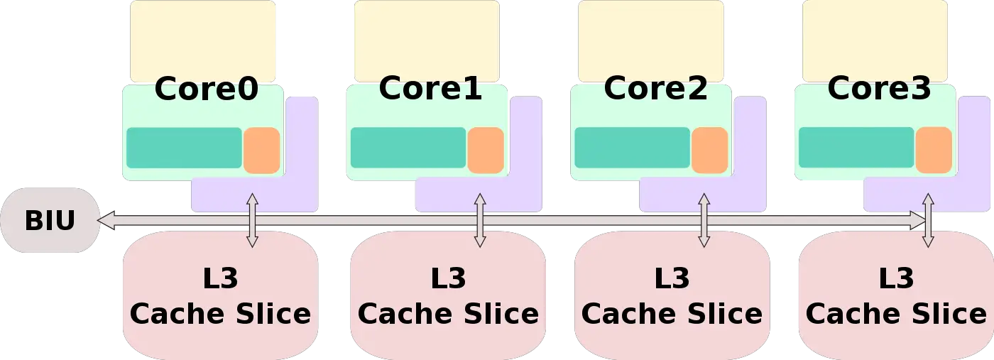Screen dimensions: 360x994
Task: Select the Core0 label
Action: (206, 90)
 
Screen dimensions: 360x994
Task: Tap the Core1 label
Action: (430, 89)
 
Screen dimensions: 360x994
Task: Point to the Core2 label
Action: (655, 89)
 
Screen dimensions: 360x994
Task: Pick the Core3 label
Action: (879, 89)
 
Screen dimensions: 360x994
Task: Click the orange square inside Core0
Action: (261, 151)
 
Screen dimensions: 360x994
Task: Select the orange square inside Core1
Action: (486, 151)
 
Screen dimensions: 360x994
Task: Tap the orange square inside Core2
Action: (710, 151)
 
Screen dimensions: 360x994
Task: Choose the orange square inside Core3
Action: (934, 151)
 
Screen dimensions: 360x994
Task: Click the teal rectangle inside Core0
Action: (184, 148)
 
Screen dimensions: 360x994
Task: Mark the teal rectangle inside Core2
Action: (632, 148)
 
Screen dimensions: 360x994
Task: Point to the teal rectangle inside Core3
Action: (856, 148)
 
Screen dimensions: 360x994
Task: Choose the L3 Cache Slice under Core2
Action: (672, 295)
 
